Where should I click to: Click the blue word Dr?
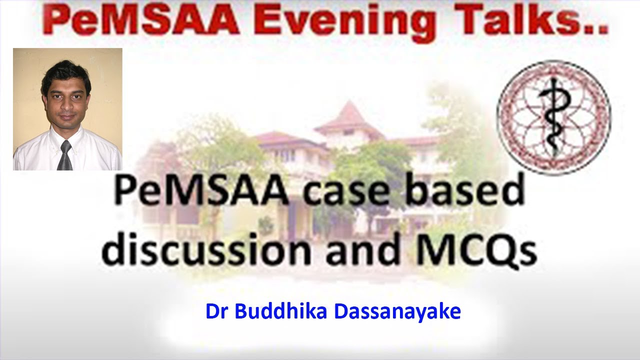(x=216, y=311)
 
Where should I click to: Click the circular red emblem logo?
(x=553, y=118)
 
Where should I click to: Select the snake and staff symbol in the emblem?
(x=554, y=118)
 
